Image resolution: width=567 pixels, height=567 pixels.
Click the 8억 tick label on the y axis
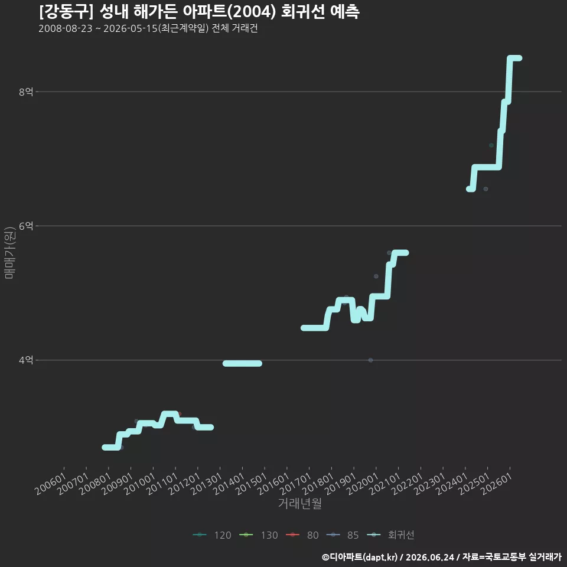tap(26, 92)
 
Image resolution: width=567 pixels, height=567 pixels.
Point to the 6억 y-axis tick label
tap(26, 226)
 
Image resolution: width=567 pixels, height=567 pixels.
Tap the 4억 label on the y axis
tap(26, 360)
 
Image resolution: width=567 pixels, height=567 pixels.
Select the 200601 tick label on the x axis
tap(51, 484)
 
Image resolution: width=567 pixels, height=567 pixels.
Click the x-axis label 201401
tap(229, 484)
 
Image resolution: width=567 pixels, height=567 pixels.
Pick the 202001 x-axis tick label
tap(363, 484)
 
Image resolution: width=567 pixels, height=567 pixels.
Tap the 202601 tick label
tap(497, 484)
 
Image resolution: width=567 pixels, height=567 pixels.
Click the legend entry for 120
tap(212, 535)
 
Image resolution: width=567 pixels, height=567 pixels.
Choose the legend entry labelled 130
tap(259, 535)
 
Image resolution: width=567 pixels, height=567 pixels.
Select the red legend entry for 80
tap(302, 535)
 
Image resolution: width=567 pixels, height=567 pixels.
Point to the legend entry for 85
tap(343, 535)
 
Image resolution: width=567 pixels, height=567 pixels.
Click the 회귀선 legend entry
tap(390, 535)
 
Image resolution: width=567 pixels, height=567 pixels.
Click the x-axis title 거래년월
tap(300, 503)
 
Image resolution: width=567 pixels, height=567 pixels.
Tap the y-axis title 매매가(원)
tap(9, 253)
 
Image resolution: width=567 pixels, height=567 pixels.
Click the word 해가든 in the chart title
tap(155, 12)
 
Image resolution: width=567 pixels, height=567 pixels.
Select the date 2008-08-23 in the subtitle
tap(66, 28)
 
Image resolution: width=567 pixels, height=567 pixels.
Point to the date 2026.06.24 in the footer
tap(429, 557)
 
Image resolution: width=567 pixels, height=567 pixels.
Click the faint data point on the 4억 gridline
tap(371, 360)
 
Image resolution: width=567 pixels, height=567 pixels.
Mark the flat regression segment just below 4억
tap(242, 363)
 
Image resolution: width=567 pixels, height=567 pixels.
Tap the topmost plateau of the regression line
tap(514, 58)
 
